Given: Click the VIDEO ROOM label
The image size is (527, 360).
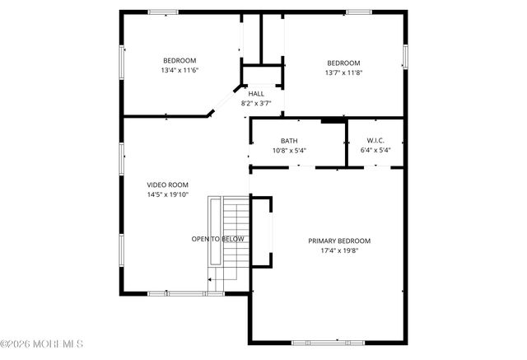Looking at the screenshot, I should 168,185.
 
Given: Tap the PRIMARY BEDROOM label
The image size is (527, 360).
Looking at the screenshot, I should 339,241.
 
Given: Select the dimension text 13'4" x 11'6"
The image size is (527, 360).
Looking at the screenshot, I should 179,70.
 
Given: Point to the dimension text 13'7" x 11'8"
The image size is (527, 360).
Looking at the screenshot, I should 343,73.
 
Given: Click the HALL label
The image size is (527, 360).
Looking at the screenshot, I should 256,94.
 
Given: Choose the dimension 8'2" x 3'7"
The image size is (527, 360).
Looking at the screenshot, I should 256,104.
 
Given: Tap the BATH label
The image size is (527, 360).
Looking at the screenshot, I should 289,141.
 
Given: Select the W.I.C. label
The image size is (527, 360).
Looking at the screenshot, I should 375,141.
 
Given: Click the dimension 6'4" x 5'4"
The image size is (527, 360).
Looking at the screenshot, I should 375,151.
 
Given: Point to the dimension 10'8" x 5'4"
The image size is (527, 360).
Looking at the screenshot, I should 289,151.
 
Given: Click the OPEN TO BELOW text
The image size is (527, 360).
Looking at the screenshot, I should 218,239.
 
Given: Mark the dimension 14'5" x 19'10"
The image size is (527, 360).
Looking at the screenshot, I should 168,194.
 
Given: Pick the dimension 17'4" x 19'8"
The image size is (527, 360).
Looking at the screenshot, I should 339,250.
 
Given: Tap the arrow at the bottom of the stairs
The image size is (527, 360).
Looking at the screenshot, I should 211,280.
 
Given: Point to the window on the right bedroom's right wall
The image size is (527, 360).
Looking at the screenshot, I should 405,55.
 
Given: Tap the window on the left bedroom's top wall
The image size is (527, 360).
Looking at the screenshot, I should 163,12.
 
